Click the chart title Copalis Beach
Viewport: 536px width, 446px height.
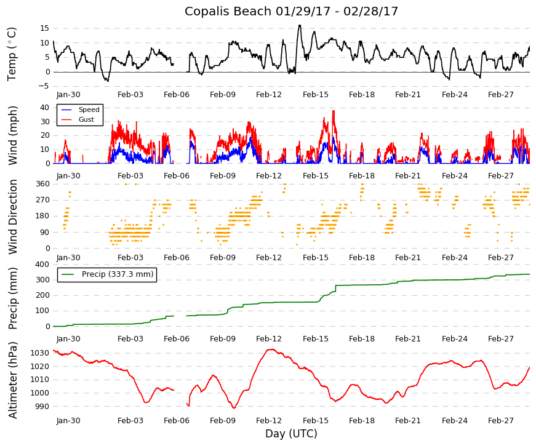coord(228,11)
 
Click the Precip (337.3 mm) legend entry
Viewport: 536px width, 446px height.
coord(107,274)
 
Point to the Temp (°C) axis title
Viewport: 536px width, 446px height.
coord(12,54)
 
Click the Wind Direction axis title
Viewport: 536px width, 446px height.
coord(13,217)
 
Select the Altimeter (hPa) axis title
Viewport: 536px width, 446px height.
coord(12,380)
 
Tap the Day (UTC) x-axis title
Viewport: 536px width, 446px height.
coord(291,433)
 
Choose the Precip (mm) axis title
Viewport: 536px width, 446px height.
coord(12,298)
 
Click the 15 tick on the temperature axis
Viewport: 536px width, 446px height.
coord(45,28)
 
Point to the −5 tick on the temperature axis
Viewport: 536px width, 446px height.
coord(44,86)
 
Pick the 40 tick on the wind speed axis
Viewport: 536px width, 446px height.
coord(45,108)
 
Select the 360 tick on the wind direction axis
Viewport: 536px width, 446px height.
coord(42,184)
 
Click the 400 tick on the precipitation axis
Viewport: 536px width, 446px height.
coord(42,265)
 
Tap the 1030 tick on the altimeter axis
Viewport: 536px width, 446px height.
coord(40,353)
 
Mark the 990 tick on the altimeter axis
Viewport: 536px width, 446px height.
coord(42,407)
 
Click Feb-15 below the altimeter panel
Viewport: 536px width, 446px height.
coord(316,421)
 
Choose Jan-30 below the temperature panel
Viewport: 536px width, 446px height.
coord(68,95)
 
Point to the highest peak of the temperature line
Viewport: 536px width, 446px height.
coord(300,25)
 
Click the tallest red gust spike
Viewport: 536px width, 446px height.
coord(334,111)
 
